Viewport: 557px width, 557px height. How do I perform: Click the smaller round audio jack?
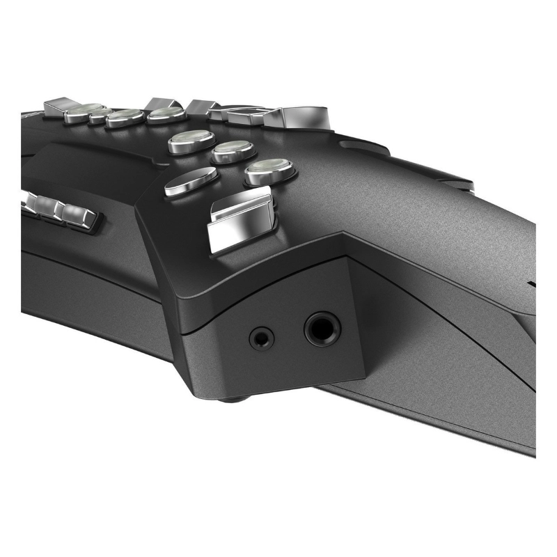point(262,338)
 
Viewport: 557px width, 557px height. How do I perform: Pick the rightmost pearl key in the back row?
point(165,113)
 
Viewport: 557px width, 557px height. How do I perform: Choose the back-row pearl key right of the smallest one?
point(125,116)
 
